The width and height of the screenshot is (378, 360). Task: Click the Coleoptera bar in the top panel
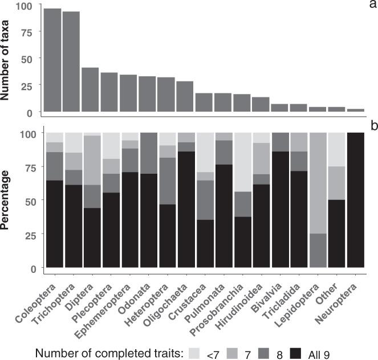click(x=52, y=60)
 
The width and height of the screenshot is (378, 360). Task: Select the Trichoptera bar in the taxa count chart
click(x=71, y=62)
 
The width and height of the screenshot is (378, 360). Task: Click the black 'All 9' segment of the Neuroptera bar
click(x=356, y=200)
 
